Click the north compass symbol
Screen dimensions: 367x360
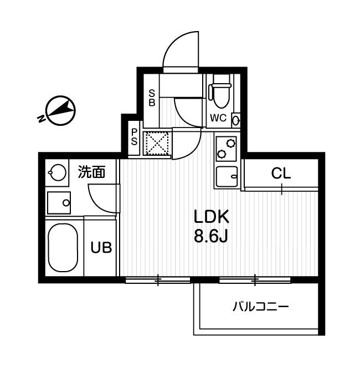click(57, 110)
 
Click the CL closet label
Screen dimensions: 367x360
click(281, 174)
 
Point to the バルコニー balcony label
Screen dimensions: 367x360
click(260, 305)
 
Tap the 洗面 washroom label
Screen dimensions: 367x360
click(91, 172)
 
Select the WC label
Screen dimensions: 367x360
click(217, 118)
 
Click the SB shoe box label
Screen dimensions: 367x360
click(151, 98)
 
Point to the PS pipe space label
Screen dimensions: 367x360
click(134, 137)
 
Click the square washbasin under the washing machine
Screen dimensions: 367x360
click(59, 202)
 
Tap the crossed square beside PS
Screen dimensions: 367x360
click(157, 142)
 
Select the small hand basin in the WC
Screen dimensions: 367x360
click(235, 120)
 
